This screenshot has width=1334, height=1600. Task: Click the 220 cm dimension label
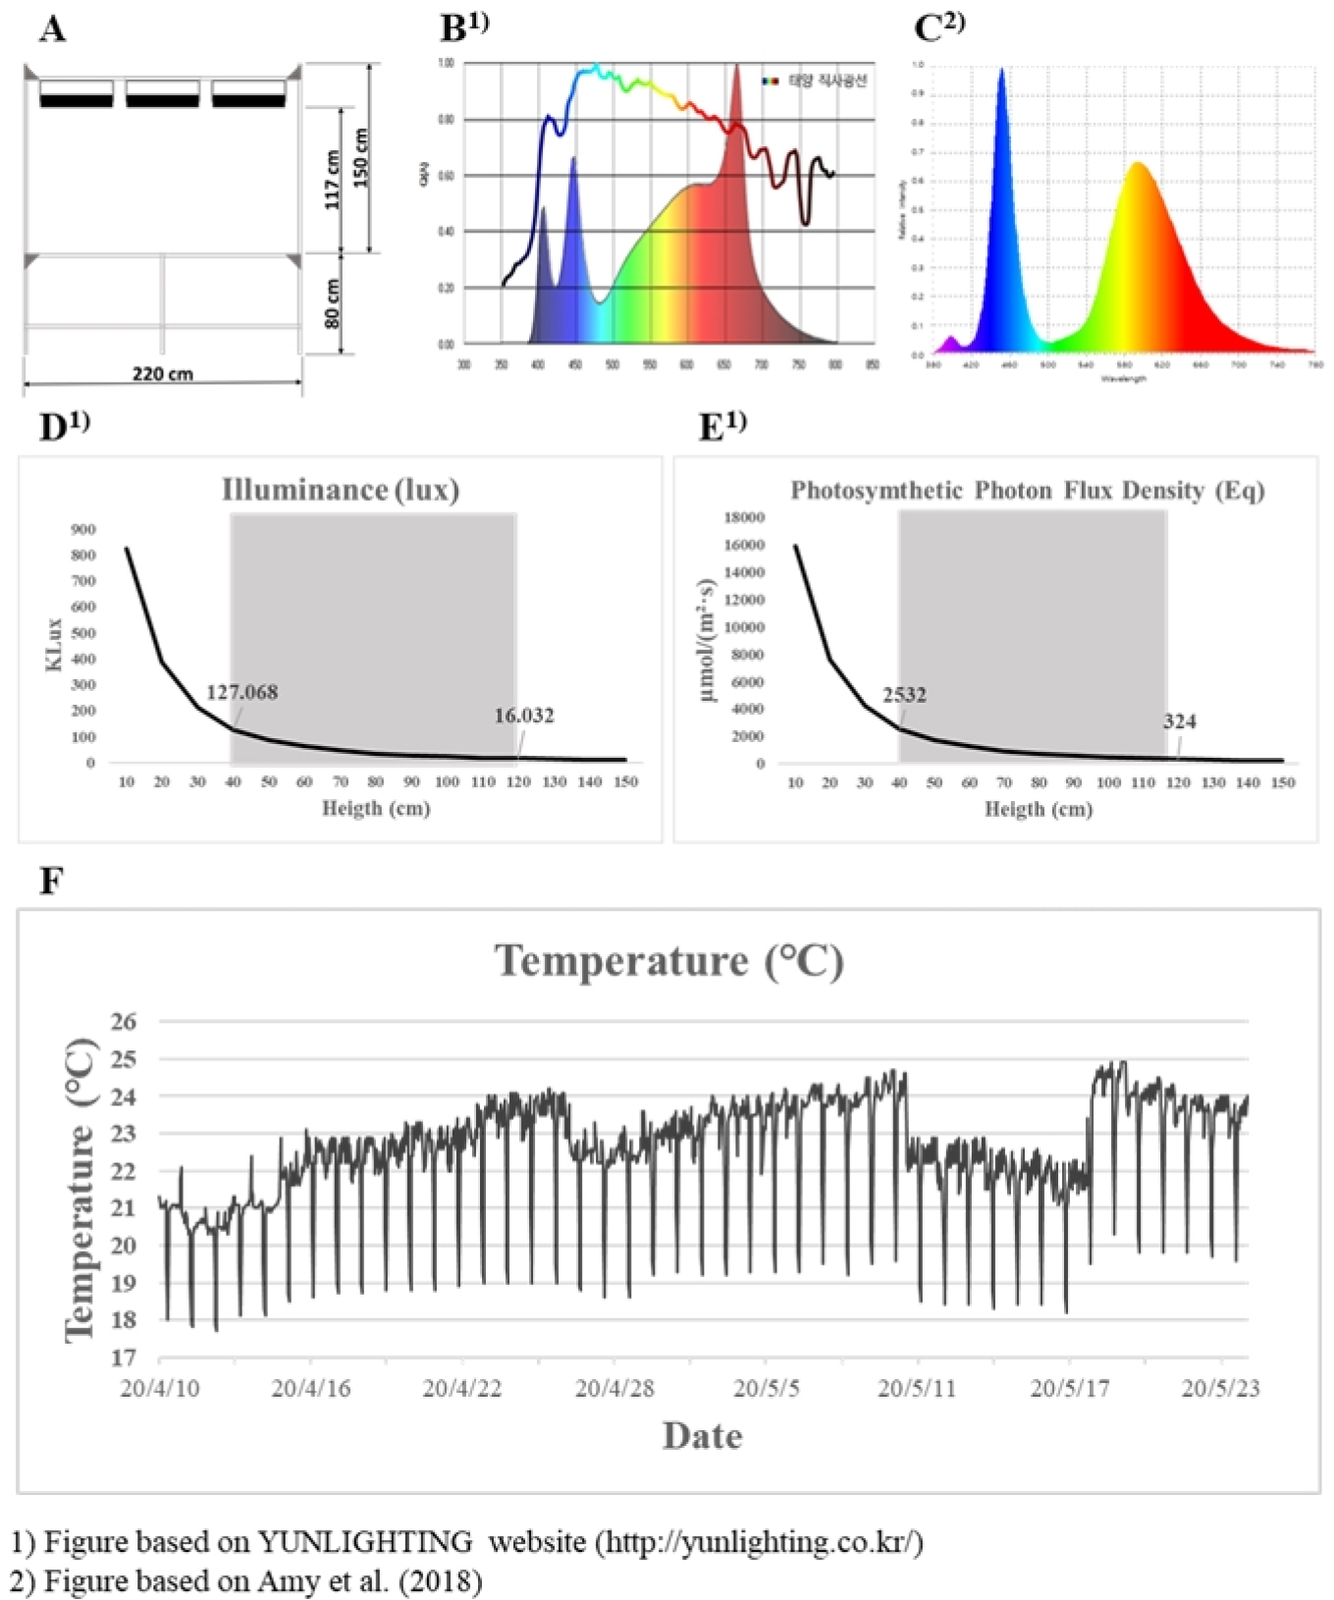point(162,374)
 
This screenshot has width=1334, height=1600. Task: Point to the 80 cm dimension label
point(333,303)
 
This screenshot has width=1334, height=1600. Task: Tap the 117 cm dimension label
point(333,180)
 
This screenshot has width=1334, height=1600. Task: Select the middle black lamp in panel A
point(162,100)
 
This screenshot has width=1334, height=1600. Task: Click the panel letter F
point(50,881)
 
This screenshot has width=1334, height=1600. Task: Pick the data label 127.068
point(241,692)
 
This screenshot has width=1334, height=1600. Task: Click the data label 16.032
point(523,716)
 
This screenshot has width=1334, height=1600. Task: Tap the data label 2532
point(904,695)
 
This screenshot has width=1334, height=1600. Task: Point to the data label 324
point(1179,721)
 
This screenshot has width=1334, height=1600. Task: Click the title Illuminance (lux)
point(341,490)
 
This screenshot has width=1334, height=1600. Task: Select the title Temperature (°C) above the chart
point(668,961)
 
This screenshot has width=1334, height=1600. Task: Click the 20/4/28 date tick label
point(614,1389)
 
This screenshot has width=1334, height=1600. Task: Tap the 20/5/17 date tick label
point(1069,1389)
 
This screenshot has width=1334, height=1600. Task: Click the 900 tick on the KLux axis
point(83,530)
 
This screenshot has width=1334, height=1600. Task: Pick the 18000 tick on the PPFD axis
point(744,517)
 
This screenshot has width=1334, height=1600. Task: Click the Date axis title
point(702,1436)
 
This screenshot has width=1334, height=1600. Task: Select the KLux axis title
point(55,645)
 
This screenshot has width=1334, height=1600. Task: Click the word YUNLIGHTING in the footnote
point(365,1542)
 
